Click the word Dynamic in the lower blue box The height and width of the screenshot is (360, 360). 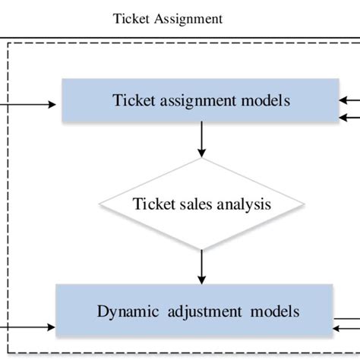125,311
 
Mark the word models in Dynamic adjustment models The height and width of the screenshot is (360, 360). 274,311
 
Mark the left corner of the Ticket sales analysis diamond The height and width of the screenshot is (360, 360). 100,204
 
